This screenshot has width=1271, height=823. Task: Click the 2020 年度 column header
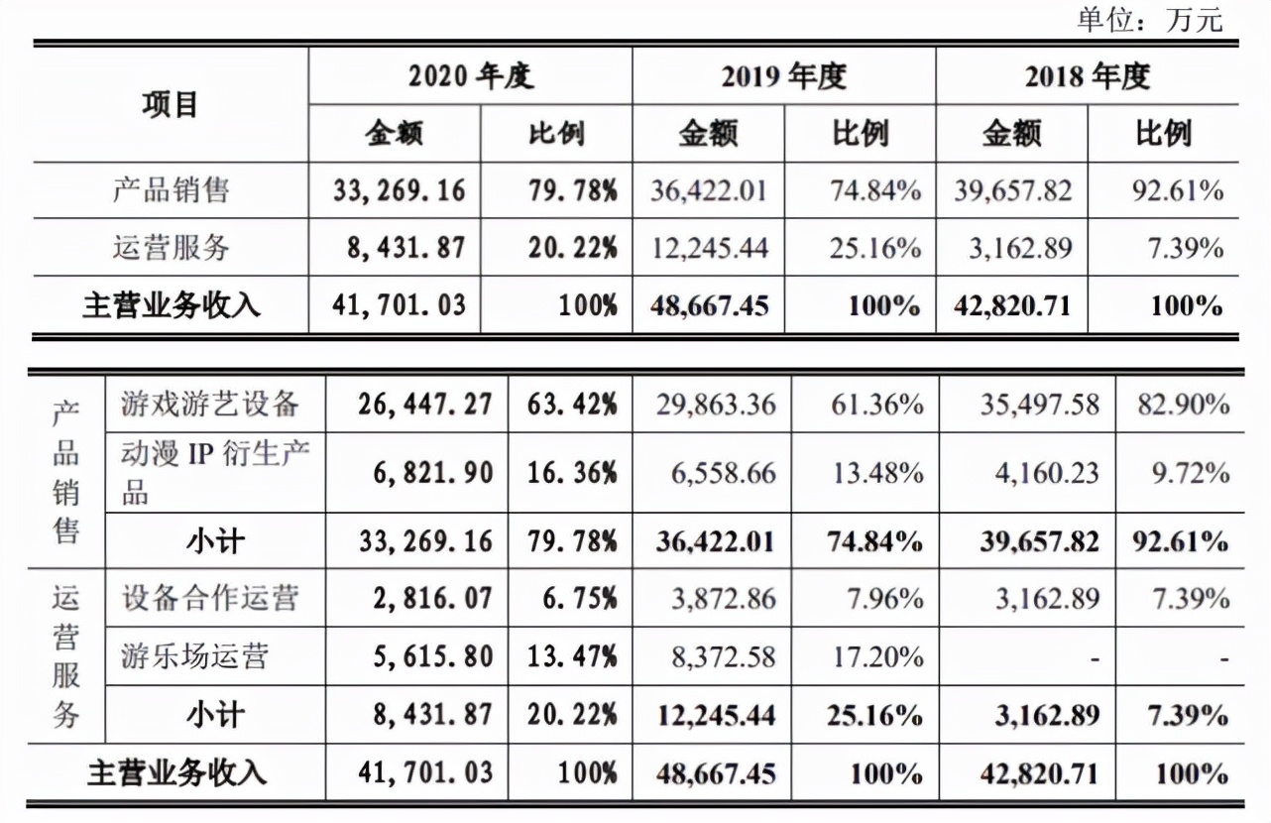tap(470, 76)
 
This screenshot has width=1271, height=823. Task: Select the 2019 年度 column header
tap(783, 76)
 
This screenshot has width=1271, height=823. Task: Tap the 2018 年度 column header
tap(1087, 76)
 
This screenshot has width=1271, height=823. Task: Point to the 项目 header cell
tap(171, 104)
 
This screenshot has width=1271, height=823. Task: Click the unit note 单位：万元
tap(1150, 19)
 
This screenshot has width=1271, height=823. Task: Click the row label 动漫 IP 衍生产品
tap(215, 472)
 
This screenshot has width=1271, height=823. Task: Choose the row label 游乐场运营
tap(194, 655)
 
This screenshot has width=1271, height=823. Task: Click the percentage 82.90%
tap(1183, 405)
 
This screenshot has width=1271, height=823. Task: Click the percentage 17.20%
tap(877, 656)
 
